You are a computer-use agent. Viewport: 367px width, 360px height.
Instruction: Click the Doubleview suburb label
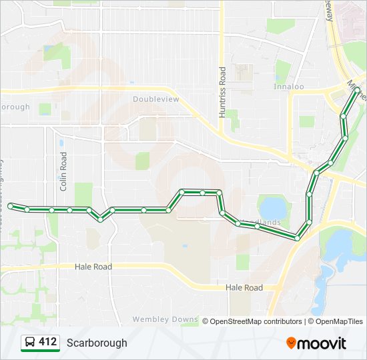click(156, 99)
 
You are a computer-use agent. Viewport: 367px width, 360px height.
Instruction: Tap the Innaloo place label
click(288, 86)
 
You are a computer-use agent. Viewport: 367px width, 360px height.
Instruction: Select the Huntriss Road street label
click(223, 92)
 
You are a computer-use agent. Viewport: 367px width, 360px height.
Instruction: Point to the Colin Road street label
click(64, 171)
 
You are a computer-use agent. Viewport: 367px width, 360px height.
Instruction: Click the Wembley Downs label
click(165, 319)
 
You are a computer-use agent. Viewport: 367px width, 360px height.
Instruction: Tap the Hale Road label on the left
click(93, 266)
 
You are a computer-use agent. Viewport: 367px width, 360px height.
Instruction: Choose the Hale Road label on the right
click(244, 287)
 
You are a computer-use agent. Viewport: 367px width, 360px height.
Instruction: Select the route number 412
click(48, 342)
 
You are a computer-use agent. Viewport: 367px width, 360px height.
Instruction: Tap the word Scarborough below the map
click(97, 343)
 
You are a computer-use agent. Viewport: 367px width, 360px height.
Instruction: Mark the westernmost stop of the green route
click(11, 207)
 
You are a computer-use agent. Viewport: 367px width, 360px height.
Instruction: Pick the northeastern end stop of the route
click(357, 89)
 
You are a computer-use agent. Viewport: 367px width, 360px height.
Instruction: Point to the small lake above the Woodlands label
click(272, 206)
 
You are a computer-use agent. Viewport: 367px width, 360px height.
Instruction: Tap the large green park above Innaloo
click(280, 26)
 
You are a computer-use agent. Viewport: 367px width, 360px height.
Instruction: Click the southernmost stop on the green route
click(297, 237)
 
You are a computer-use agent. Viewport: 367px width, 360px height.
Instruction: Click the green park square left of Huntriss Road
click(142, 161)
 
